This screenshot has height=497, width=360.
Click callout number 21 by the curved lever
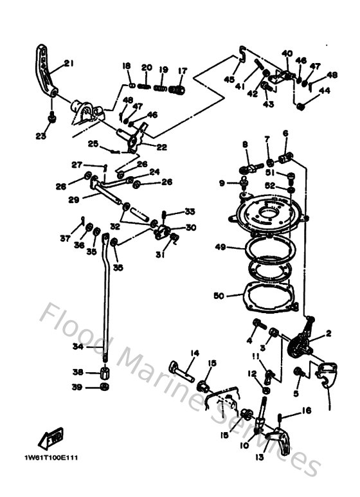point(69,63)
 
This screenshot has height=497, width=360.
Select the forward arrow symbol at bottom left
point(51,439)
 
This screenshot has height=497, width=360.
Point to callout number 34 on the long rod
point(77,347)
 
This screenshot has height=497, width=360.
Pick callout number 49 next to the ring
point(220,247)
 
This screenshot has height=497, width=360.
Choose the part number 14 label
point(195,353)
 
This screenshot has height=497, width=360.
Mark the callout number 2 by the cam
point(328,333)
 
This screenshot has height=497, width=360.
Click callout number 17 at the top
point(183,71)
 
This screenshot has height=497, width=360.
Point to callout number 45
point(230,79)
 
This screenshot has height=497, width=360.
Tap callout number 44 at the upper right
point(325,91)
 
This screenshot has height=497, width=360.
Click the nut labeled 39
point(104,386)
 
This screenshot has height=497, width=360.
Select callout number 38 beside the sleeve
point(77,372)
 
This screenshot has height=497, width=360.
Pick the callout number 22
point(161,147)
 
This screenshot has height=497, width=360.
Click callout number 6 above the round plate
point(285,133)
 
